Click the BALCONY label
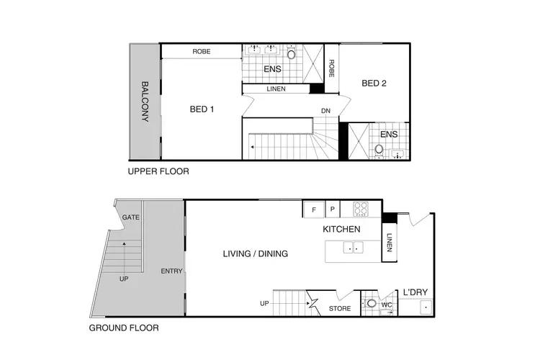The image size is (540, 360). (145, 101)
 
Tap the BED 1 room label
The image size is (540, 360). (202, 109)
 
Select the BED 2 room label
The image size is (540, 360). (374, 84)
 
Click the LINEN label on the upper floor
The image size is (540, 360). (276, 89)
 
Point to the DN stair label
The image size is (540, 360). (326, 110)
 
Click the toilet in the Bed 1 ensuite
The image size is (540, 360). (292, 53)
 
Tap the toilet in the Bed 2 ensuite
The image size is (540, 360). (379, 149)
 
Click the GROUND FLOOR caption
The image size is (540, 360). (123, 328)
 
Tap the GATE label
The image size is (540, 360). (131, 217)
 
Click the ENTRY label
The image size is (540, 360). (172, 271)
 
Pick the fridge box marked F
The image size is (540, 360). (313, 210)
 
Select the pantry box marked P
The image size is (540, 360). (333, 210)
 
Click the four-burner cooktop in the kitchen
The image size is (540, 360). (361, 210)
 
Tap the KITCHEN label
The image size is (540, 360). (341, 229)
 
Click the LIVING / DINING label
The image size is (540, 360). (255, 253)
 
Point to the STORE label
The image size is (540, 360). (340, 309)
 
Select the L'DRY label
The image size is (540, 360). (415, 292)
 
